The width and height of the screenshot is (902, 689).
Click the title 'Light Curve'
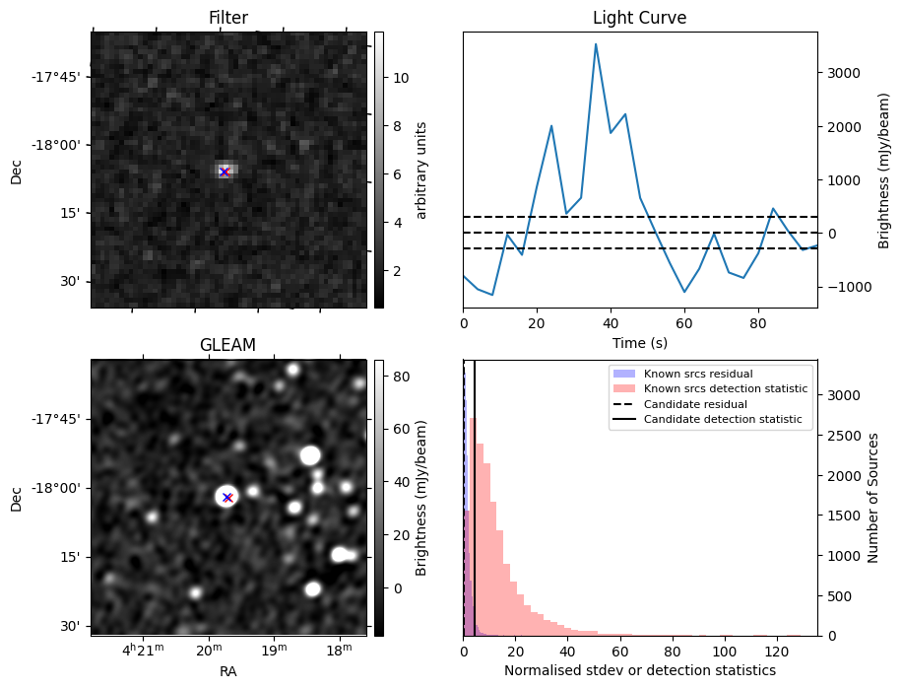pos(639,18)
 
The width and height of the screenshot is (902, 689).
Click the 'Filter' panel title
pos(227,18)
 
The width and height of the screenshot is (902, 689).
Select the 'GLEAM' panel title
pos(227,345)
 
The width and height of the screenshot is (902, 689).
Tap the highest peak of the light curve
pos(596,44)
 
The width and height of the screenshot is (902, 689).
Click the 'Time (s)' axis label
pos(639,341)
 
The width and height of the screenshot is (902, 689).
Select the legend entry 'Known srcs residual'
pos(698,375)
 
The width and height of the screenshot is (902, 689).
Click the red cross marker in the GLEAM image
pos(227,497)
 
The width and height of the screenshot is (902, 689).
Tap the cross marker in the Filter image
pos(224,172)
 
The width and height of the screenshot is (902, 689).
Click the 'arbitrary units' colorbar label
pos(421,170)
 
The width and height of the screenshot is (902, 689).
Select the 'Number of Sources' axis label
pos(874,498)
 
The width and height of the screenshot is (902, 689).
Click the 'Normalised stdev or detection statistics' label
pos(639,670)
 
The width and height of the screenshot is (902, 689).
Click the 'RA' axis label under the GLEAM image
pos(227,671)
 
